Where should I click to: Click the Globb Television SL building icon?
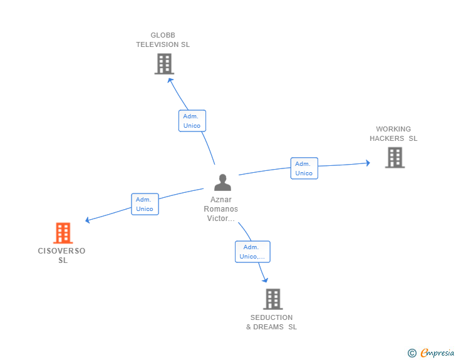click(x=164, y=64)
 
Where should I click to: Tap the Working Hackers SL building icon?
click(x=395, y=157)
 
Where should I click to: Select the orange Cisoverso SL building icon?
click(x=63, y=233)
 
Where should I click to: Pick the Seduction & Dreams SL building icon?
click(x=272, y=299)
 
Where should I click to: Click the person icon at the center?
click(x=222, y=183)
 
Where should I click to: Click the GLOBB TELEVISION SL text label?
click(x=163, y=40)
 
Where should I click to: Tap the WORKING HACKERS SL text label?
click(x=393, y=134)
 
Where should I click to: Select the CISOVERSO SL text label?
click(x=61, y=255)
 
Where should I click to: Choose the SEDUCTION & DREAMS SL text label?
click(x=271, y=322)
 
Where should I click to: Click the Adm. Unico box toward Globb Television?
click(x=192, y=121)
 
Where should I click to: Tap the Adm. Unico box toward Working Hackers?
click(x=304, y=168)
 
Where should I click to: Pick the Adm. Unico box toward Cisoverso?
click(x=145, y=204)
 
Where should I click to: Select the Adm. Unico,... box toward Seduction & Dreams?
click(x=252, y=252)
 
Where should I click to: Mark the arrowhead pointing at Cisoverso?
click(x=88, y=220)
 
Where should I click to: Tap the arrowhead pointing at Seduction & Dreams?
click(x=265, y=280)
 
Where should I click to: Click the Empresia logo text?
click(x=437, y=353)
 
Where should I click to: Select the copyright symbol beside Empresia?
click(x=412, y=354)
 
